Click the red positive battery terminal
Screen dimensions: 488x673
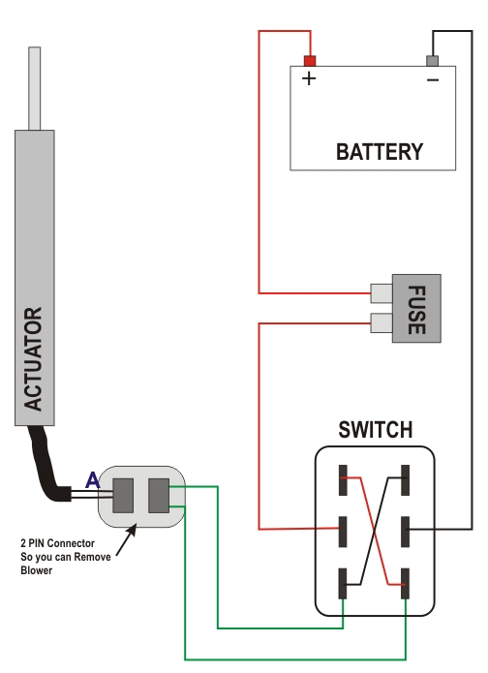click(x=310, y=60)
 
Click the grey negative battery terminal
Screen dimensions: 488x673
click(x=432, y=60)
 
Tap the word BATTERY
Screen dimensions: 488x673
click(x=380, y=152)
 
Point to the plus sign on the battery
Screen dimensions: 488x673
click(x=309, y=78)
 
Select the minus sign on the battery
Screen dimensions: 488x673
click(x=433, y=79)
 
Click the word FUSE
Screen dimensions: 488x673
click(x=416, y=310)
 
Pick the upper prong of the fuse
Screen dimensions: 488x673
click(x=381, y=293)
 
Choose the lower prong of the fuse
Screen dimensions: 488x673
click(x=381, y=323)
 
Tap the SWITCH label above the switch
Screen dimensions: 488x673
click(x=376, y=430)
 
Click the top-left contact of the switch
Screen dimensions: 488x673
click(x=343, y=480)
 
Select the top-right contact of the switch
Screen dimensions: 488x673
click(x=405, y=480)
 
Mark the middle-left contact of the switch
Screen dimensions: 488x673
click(x=343, y=532)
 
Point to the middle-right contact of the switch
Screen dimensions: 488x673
click(x=405, y=532)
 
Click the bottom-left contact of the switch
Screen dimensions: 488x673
click(x=343, y=583)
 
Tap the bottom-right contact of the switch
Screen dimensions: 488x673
click(x=405, y=583)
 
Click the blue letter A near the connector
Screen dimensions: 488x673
click(x=93, y=480)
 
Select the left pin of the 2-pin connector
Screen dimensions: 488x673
click(x=123, y=496)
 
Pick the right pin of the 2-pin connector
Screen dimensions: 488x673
click(x=159, y=496)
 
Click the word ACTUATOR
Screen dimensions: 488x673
click(x=33, y=359)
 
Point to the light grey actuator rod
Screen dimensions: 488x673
click(x=34, y=88)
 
